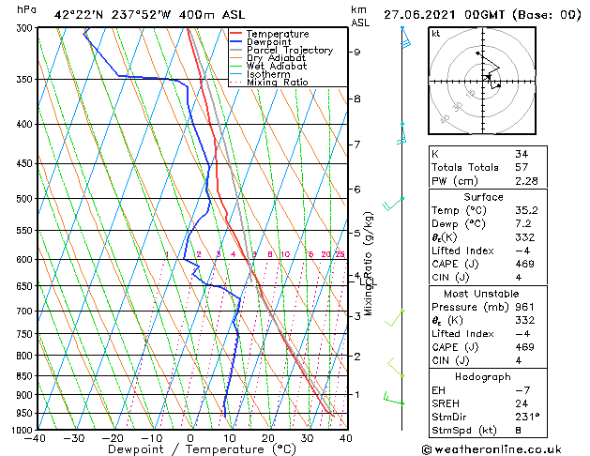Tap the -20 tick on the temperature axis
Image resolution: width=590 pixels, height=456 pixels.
[113, 438]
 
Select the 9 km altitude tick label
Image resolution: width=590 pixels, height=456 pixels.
[356, 53]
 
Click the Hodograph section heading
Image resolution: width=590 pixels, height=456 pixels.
[483, 376]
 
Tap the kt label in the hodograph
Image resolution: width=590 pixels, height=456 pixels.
[436, 34]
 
